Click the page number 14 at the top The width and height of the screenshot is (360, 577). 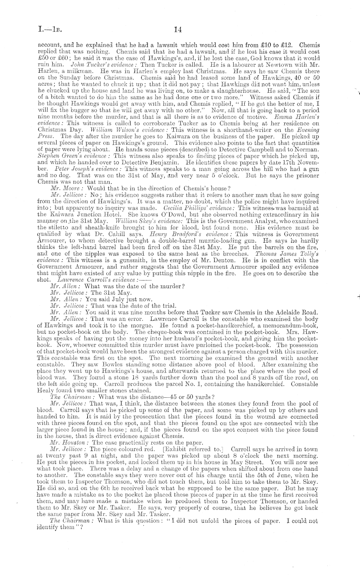tap(178, 30)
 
